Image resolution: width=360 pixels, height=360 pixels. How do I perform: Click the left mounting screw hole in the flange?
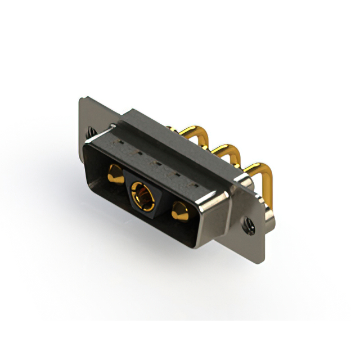[x=91, y=134]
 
